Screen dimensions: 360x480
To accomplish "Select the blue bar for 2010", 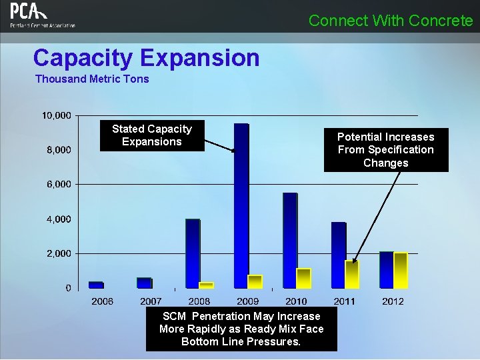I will [289, 240].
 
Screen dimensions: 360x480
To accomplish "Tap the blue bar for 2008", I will [192, 253].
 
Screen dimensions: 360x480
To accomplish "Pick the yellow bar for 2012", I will [401, 270].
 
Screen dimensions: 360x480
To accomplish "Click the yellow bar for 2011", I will [352, 274].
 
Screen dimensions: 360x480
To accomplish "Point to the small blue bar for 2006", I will [95, 285].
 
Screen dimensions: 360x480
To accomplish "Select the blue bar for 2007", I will [144, 283].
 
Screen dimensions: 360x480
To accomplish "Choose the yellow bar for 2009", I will [255, 281].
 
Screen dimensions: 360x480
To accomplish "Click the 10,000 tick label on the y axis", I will [57, 115].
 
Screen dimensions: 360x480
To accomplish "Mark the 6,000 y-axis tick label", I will [59, 185].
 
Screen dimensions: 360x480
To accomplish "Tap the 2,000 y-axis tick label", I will [59, 254].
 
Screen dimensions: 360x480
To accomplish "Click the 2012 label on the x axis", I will [393, 301].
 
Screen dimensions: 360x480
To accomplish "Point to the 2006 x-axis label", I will [102, 301].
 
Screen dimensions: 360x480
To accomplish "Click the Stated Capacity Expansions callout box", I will [151, 135].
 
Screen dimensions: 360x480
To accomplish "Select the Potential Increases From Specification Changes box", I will [385, 150].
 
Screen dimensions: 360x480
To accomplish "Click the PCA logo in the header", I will [41, 15].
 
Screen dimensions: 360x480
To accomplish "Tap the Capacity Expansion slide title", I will [146, 58].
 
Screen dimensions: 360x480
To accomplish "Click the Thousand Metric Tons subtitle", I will [92, 79].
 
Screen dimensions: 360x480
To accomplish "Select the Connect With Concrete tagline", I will [390, 21].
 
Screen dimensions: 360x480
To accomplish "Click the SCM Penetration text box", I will [241, 329].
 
